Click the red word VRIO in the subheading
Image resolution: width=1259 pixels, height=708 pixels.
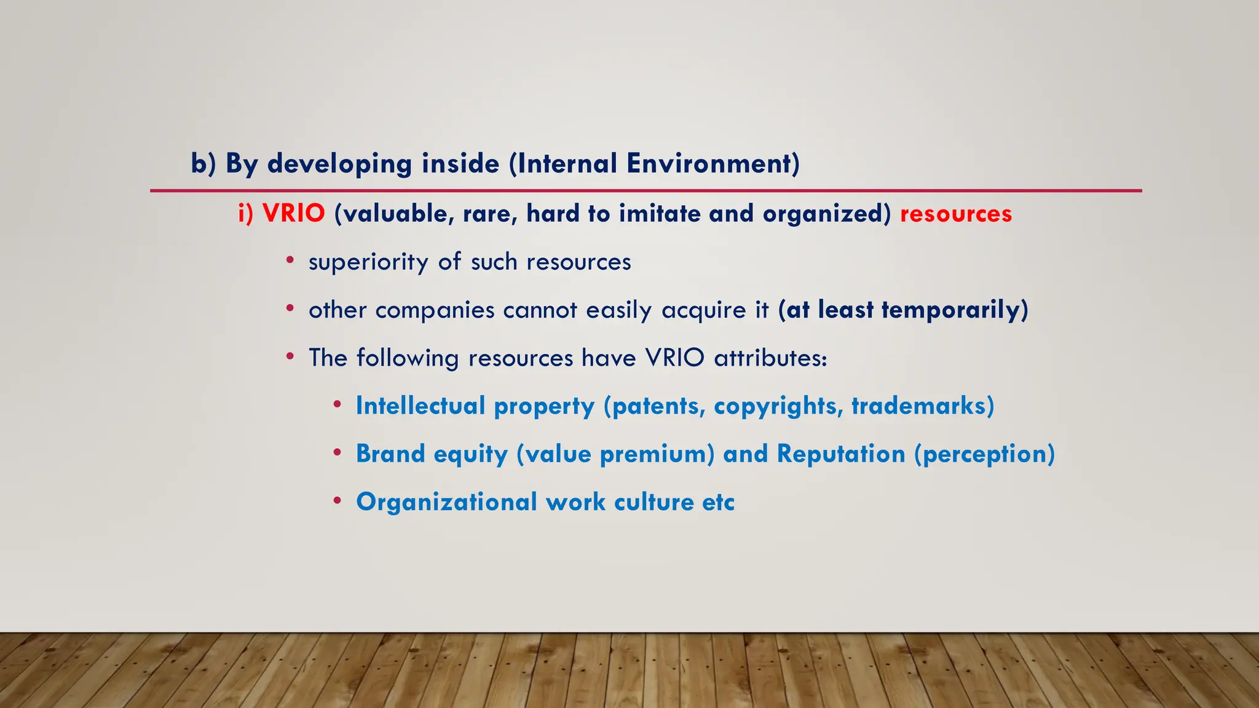(293, 213)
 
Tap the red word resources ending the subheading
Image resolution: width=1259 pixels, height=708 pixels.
(955, 213)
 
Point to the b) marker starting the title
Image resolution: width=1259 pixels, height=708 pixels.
(203, 163)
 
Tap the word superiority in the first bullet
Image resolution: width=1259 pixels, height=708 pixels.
(368, 262)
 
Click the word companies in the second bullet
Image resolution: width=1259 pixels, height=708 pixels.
(435, 310)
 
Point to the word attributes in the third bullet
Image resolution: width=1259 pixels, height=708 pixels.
(770, 358)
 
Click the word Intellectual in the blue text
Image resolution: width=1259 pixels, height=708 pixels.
(420, 406)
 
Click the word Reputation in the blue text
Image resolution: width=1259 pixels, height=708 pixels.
(840, 454)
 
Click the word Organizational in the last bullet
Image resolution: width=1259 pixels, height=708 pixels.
(446, 502)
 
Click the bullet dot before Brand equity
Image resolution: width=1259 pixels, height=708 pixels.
(337, 453)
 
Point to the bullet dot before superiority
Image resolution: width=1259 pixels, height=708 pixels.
(290, 260)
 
